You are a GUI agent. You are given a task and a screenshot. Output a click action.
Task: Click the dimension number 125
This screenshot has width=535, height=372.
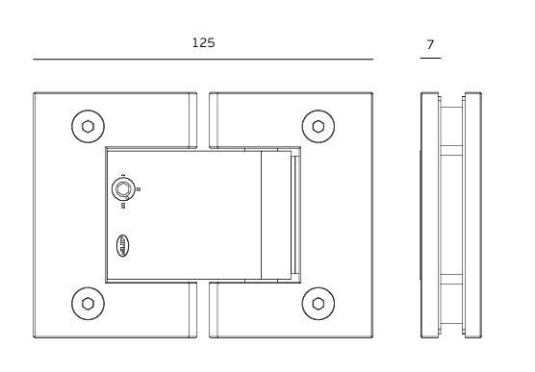(x=203, y=43)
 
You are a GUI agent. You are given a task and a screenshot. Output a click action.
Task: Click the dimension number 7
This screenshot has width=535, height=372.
(x=430, y=44)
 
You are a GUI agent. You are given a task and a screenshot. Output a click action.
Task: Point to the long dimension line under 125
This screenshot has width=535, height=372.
(x=203, y=60)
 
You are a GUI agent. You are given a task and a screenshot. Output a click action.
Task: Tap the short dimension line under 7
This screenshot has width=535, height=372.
(x=430, y=59)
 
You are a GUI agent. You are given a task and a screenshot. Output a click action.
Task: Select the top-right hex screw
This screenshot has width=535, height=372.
(x=318, y=126)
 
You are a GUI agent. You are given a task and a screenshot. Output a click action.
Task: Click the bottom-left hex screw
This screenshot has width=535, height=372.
(x=89, y=304)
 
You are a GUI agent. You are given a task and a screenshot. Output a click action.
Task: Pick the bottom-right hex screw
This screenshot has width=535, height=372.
(x=318, y=304)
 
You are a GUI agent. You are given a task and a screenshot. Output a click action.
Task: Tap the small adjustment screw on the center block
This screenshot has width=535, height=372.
(x=122, y=189)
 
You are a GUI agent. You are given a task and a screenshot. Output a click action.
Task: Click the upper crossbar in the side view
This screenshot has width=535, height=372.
(x=450, y=149)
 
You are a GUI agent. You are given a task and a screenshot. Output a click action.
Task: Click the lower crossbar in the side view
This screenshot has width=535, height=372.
(x=450, y=280)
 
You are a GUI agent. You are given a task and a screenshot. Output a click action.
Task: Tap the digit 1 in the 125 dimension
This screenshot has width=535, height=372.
(x=194, y=43)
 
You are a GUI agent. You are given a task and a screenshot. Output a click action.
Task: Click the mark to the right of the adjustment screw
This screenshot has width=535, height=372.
(x=140, y=189)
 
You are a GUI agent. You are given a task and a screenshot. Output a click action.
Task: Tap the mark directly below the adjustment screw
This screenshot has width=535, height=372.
(x=122, y=205)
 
